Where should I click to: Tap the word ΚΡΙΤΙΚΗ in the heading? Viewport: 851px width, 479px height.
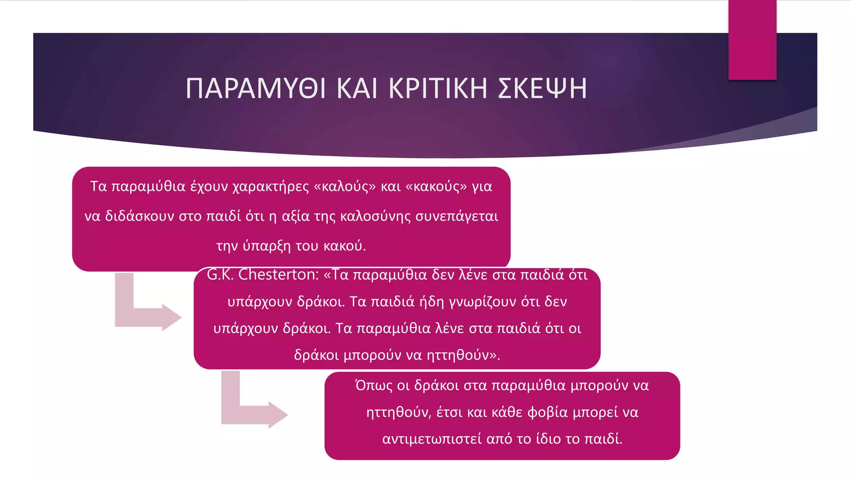click(438, 88)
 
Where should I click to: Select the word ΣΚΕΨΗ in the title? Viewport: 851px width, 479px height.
click(542, 88)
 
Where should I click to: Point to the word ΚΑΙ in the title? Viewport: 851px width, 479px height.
click(357, 88)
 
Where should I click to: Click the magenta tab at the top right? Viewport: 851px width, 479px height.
click(752, 40)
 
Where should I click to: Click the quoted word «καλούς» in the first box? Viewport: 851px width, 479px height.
click(345, 186)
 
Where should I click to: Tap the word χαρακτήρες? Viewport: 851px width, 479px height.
click(271, 186)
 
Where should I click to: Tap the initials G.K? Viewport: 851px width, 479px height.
click(220, 274)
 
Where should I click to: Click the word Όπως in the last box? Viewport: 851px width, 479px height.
click(374, 385)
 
